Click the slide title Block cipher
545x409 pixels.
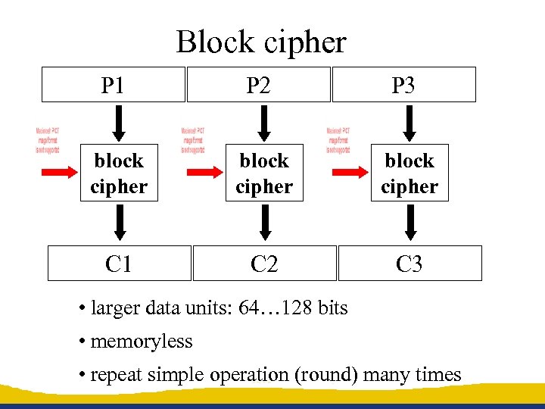[x=261, y=42]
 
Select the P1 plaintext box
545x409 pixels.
[x=113, y=85]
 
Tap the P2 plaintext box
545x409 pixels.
[x=258, y=85]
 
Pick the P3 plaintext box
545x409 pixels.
[x=403, y=85]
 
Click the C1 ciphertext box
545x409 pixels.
[x=119, y=264]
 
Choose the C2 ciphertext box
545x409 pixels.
[x=264, y=264]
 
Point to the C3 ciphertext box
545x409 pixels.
[x=410, y=264]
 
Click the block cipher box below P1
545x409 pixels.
[x=119, y=173]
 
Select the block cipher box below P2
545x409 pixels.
[x=264, y=173]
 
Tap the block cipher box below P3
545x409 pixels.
[x=410, y=173]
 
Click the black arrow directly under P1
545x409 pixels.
[x=119, y=120]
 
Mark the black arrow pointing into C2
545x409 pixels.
[x=264, y=223]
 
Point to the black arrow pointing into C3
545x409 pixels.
[x=410, y=223]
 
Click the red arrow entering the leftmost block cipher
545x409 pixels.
[x=59, y=173]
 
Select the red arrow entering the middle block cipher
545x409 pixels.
[x=204, y=173]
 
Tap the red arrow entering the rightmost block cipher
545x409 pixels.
[x=350, y=173]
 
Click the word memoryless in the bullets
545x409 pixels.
[x=142, y=342]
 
